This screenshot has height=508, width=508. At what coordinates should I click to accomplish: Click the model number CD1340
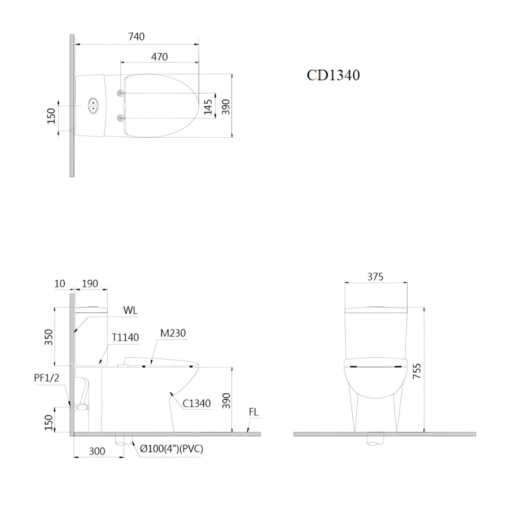[x=333, y=75]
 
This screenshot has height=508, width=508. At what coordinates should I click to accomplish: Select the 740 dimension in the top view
[x=136, y=37]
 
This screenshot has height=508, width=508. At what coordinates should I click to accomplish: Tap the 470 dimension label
[x=159, y=56]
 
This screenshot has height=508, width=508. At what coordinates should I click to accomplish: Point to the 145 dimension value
[x=208, y=107]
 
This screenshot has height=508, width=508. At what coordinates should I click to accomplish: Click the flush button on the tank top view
[x=93, y=106]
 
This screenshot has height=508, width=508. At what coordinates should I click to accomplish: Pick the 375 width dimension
[x=375, y=277]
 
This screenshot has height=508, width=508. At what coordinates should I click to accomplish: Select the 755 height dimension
[x=417, y=371]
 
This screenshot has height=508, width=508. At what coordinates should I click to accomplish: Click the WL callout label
[x=130, y=310]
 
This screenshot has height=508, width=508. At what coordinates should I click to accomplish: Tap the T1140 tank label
[x=125, y=338]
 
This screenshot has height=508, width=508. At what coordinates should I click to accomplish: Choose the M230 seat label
[x=173, y=332]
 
